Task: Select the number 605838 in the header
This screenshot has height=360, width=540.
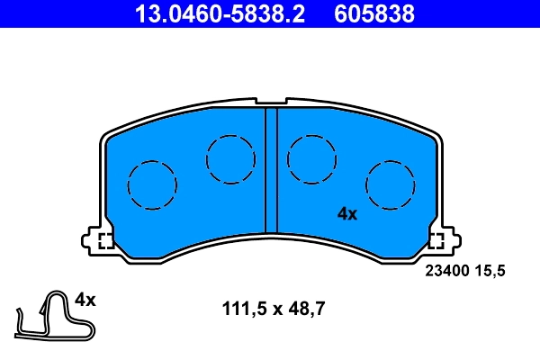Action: coord(374,14)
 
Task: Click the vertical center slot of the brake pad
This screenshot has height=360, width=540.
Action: coord(271,171)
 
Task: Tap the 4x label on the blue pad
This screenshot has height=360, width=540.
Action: coord(347,214)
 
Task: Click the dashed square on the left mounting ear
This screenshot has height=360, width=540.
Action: coord(104,241)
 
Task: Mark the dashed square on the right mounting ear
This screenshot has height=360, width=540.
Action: coord(437,241)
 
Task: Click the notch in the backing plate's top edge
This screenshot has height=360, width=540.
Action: coord(271,102)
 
